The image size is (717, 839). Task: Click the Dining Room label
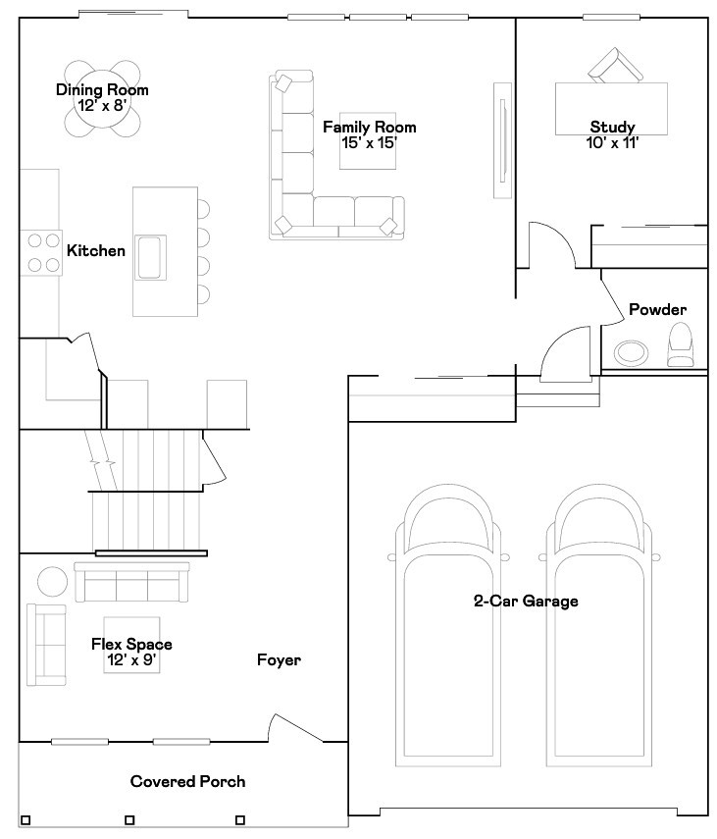pos(102,90)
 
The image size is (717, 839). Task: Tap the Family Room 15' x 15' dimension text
pos(369,143)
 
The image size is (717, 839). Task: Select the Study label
pos(612,127)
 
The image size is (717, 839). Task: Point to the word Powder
pos(657,309)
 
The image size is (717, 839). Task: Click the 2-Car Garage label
pos(526,601)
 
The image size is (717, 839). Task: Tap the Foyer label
pos(280,659)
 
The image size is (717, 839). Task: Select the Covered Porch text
pos(187,781)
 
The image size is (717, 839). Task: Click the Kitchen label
pos(96,250)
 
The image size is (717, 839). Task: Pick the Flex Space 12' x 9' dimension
pos(131,659)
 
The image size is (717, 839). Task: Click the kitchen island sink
pos(150,257)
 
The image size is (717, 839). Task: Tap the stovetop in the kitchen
pos(43,252)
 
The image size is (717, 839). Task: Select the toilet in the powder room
pos(680,344)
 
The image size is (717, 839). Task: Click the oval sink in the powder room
pos(631,353)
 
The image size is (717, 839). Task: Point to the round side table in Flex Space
pos(52,582)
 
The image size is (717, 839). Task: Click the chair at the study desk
pos(615,66)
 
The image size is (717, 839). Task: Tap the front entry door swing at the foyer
pos(295,728)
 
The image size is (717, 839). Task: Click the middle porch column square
pos(129,819)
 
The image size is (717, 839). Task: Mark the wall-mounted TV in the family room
pos(502,140)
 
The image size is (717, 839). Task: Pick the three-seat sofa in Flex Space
pos(131,582)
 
